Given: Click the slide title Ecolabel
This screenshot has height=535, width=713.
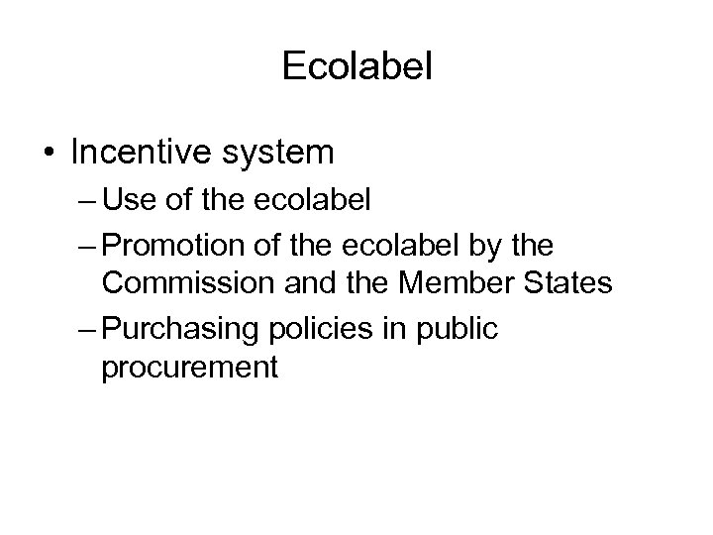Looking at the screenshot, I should [x=356, y=66].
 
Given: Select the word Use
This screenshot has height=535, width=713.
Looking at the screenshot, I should [x=126, y=202].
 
